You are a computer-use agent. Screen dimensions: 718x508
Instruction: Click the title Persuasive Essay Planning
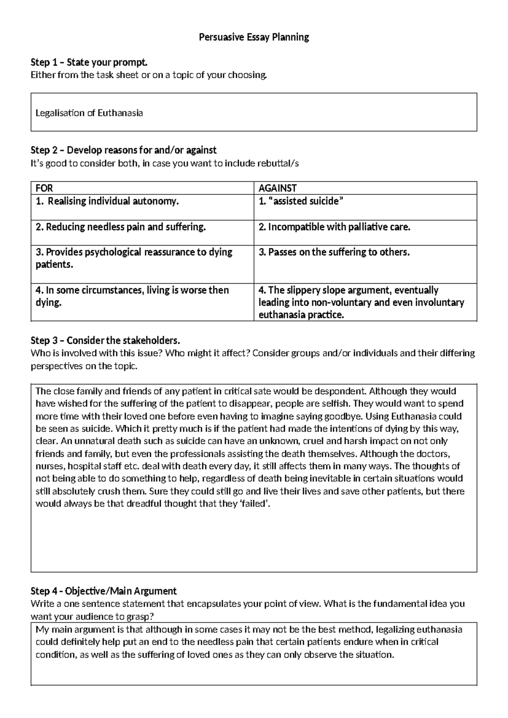pyautogui.click(x=254, y=37)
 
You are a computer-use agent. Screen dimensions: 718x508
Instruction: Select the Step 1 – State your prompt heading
pyautogui.click(x=89, y=63)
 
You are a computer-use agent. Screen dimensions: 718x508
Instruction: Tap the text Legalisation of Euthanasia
pyautogui.click(x=89, y=113)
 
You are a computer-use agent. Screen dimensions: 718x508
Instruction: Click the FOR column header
pyautogui.click(x=44, y=188)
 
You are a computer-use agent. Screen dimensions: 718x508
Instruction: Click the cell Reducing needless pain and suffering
pyautogui.click(x=121, y=227)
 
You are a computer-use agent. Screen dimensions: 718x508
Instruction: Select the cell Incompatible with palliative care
pyautogui.click(x=334, y=227)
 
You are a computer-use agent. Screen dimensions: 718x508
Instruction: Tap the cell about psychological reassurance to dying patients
pyautogui.click(x=134, y=258)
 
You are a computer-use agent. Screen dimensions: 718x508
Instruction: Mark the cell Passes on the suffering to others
pyautogui.click(x=334, y=252)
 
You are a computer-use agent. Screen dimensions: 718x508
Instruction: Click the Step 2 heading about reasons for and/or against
pyautogui.click(x=124, y=150)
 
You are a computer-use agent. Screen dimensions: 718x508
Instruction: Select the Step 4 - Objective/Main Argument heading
pyautogui.click(x=104, y=591)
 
